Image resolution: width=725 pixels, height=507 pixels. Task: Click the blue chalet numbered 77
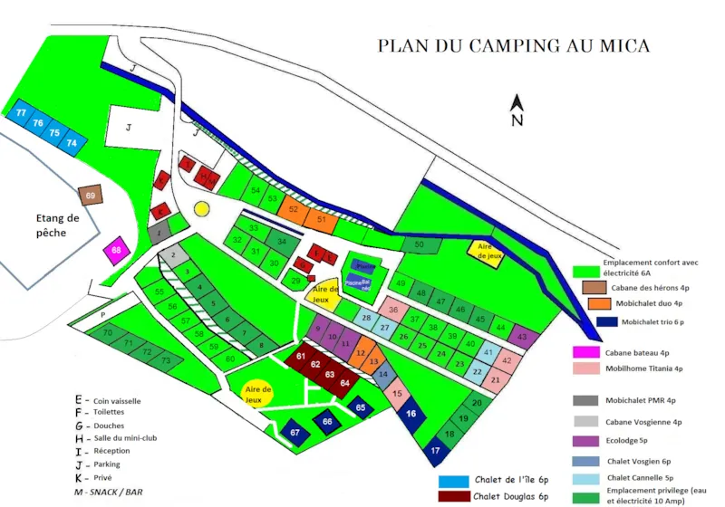coord(21,112)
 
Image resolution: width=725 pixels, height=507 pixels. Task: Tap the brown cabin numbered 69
coord(91,196)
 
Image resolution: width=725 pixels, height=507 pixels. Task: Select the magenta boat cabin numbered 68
coord(116,250)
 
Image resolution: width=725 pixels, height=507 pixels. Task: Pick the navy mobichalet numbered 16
coord(412,413)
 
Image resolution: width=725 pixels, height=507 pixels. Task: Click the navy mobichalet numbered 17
coord(436,449)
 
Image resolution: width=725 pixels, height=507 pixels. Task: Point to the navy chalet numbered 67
coord(295,433)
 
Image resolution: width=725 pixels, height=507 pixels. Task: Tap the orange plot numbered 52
coord(293,209)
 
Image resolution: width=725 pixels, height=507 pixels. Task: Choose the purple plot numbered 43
coord(521,337)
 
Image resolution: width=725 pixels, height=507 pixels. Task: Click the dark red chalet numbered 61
coord(300,357)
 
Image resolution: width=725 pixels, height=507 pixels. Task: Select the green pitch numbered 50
coord(418,244)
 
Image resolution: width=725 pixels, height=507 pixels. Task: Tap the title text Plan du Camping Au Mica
coord(513,45)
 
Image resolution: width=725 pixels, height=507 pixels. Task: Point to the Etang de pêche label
coord(58,225)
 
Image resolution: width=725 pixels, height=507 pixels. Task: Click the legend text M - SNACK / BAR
coord(111,492)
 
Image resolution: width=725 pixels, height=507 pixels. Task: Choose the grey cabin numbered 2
coord(171,254)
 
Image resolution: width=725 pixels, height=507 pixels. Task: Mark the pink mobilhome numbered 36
coord(393,309)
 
